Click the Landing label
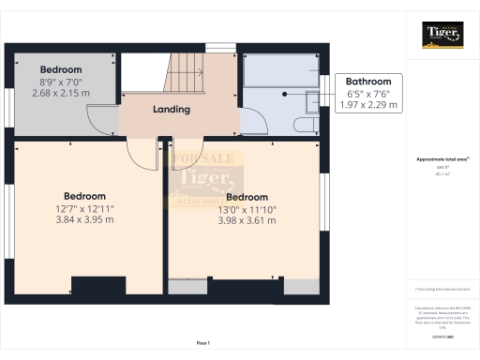click(172, 110)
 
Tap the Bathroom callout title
click(368, 82)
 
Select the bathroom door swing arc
click(252, 122)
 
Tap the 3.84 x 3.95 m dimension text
click(85, 220)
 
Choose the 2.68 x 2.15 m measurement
click(61, 93)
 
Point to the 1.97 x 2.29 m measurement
click(368, 105)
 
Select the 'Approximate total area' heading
click(441, 160)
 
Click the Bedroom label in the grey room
click(61, 69)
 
